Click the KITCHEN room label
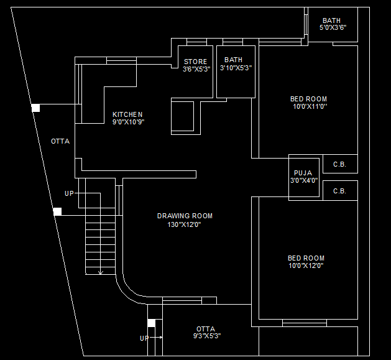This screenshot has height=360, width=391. [x=127, y=114]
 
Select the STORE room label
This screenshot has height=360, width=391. [x=195, y=62]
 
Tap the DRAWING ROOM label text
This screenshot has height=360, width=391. [x=185, y=216]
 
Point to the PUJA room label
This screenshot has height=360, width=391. [x=303, y=173]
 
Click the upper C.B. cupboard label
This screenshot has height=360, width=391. [x=339, y=165]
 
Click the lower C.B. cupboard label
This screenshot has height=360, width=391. [x=339, y=192]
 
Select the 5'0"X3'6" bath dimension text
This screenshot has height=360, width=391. [x=333, y=28]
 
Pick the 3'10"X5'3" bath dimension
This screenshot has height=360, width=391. [x=236, y=68]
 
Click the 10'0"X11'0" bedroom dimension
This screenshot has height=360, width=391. [x=310, y=106]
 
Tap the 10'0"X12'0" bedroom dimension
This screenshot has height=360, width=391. [x=305, y=266]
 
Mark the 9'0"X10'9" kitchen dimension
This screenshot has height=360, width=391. [x=128, y=122]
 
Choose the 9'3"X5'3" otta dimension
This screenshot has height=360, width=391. [x=207, y=336]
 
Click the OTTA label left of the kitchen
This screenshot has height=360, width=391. [x=60, y=142]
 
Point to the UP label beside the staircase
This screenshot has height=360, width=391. [x=69, y=194]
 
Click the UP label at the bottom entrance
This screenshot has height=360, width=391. [x=144, y=339]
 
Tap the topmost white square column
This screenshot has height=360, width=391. [x=35, y=108]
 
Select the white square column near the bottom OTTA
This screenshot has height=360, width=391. [x=151, y=323]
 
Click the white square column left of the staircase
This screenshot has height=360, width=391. [x=57, y=211]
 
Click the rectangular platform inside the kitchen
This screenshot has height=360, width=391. [x=183, y=116]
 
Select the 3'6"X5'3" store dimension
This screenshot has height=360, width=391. [x=196, y=69]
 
